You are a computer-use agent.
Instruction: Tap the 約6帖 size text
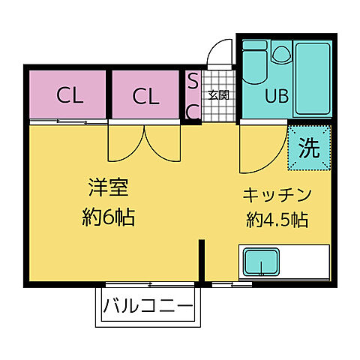coord(109,218)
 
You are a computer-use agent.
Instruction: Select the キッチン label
coord(276,195)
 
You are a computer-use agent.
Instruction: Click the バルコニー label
coord(148,306)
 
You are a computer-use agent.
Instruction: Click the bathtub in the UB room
coord(311,75)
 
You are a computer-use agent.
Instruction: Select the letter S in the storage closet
coord(192,80)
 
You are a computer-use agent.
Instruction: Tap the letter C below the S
coord(192,111)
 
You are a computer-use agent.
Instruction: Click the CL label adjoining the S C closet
coord(147,96)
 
